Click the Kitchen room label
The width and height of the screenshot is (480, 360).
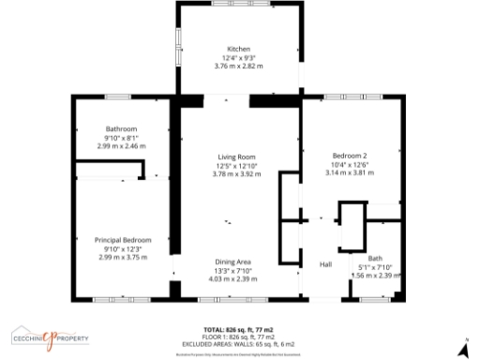pyautogui.click(x=236, y=49)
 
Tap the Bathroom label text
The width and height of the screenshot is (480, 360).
pyautogui.click(x=122, y=128)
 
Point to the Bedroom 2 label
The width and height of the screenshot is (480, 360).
pyautogui.click(x=350, y=156)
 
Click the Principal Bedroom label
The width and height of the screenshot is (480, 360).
pyautogui.click(x=123, y=240)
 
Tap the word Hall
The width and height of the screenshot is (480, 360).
pyautogui.click(x=325, y=265)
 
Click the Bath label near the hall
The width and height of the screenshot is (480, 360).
pyautogui.click(x=375, y=258)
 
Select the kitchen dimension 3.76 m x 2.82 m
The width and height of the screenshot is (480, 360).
pyautogui.click(x=236, y=67)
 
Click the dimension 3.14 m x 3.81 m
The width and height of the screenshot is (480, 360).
pyautogui.click(x=350, y=172)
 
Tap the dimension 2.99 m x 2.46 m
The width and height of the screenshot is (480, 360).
pyautogui.click(x=122, y=146)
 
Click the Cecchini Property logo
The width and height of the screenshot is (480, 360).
pyautogui.click(x=50, y=337)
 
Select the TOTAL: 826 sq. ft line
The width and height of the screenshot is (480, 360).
pyautogui.click(x=240, y=330)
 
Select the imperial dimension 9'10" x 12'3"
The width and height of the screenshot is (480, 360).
pyautogui.click(x=123, y=248)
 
